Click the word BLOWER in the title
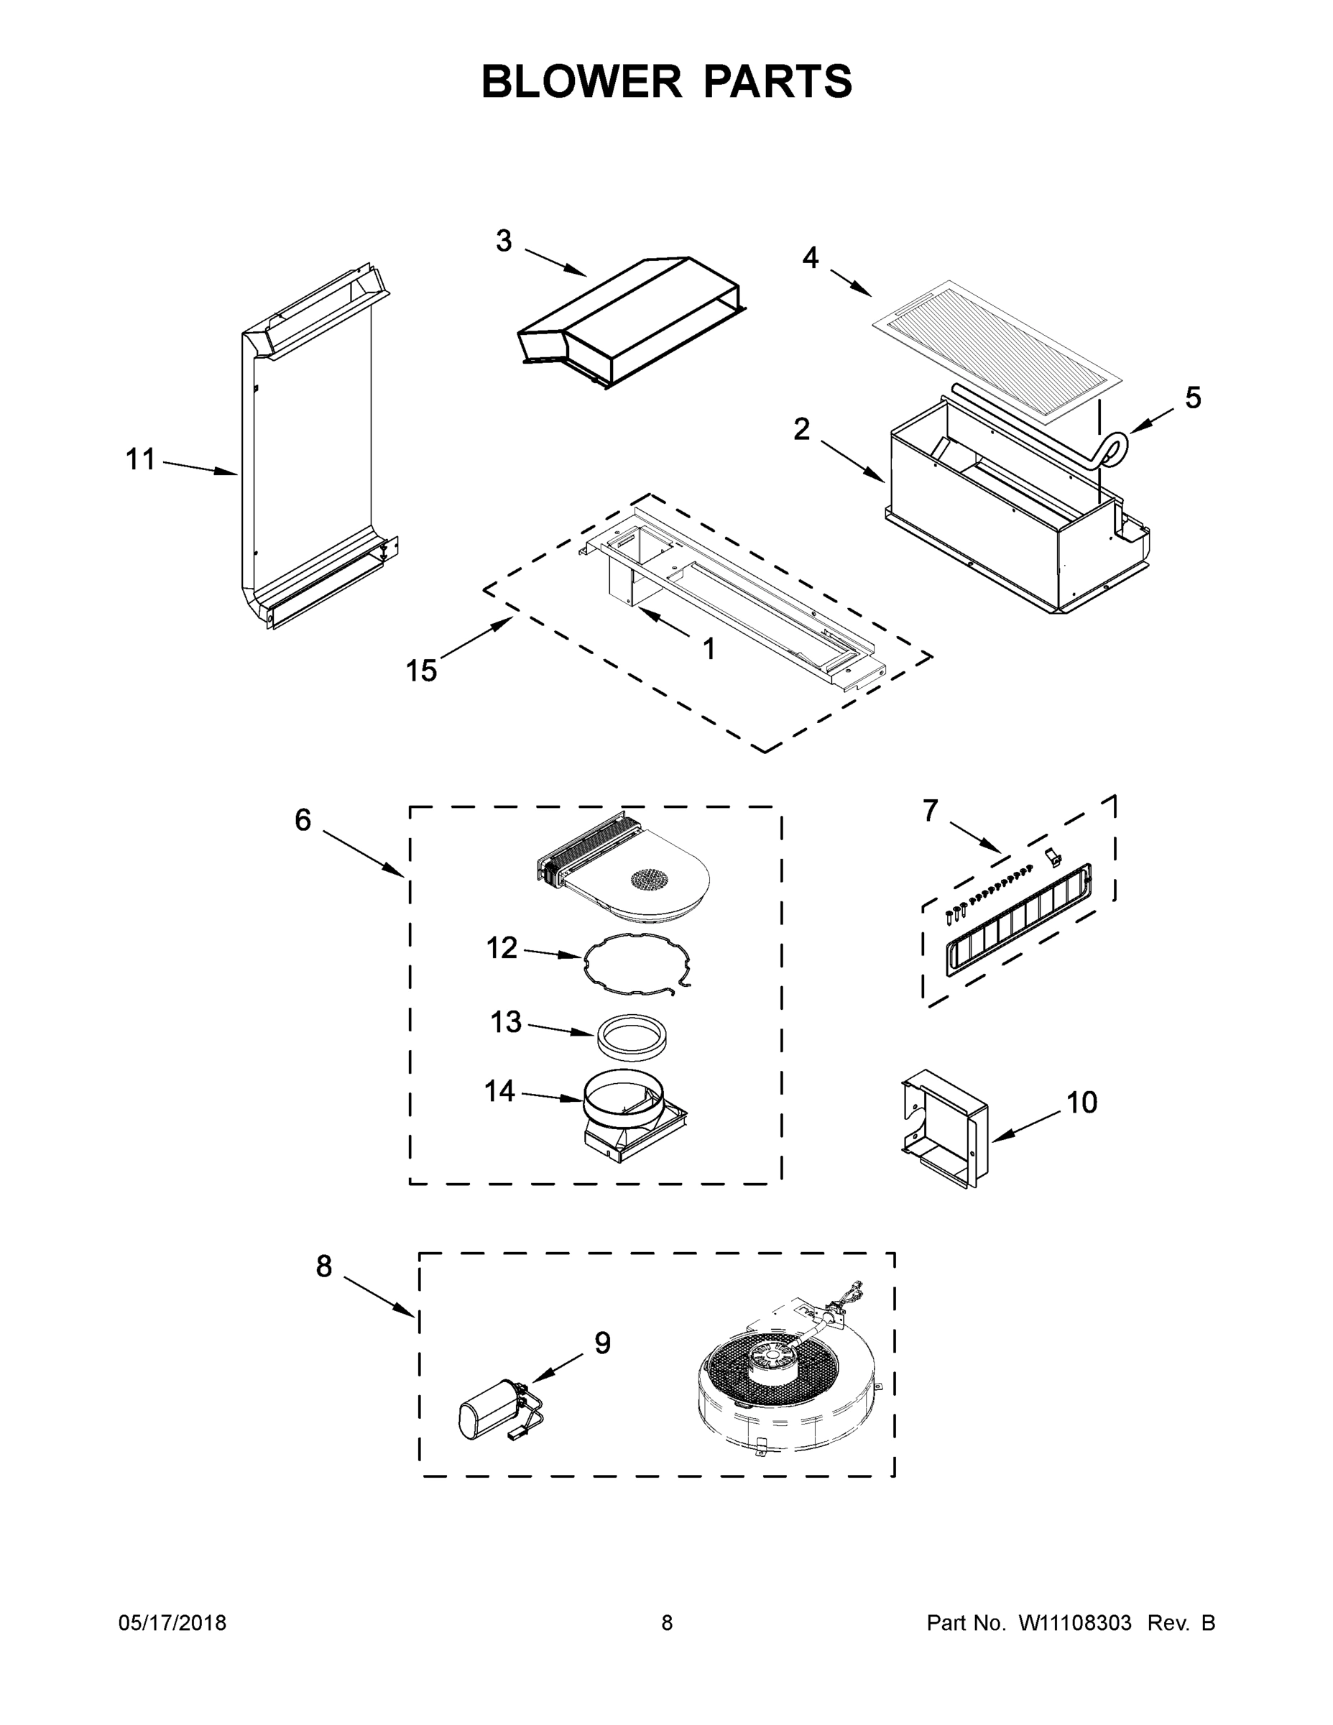(x=581, y=81)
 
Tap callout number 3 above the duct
(x=504, y=241)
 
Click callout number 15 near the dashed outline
(x=421, y=671)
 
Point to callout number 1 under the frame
(x=709, y=649)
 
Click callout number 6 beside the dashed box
(x=303, y=821)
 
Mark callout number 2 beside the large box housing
(x=801, y=431)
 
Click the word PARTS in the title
(x=777, y=81)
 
